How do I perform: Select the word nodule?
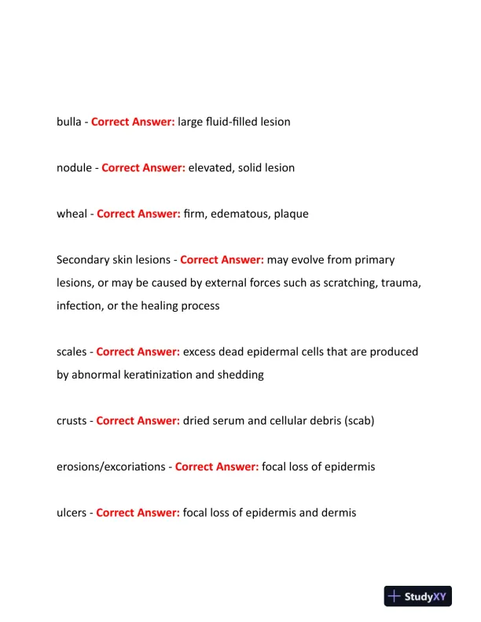tap(75, 168)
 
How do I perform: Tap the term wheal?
tap(72, 214)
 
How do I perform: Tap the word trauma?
tap(400, 283)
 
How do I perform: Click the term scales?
tap(72, 352)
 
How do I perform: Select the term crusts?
tap(72, 421)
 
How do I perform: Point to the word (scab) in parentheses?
tap(358, 421)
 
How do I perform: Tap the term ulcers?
tap(72, 513)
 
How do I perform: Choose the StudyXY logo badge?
tap(417, 596)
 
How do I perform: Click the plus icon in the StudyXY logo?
tap(395, 596)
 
